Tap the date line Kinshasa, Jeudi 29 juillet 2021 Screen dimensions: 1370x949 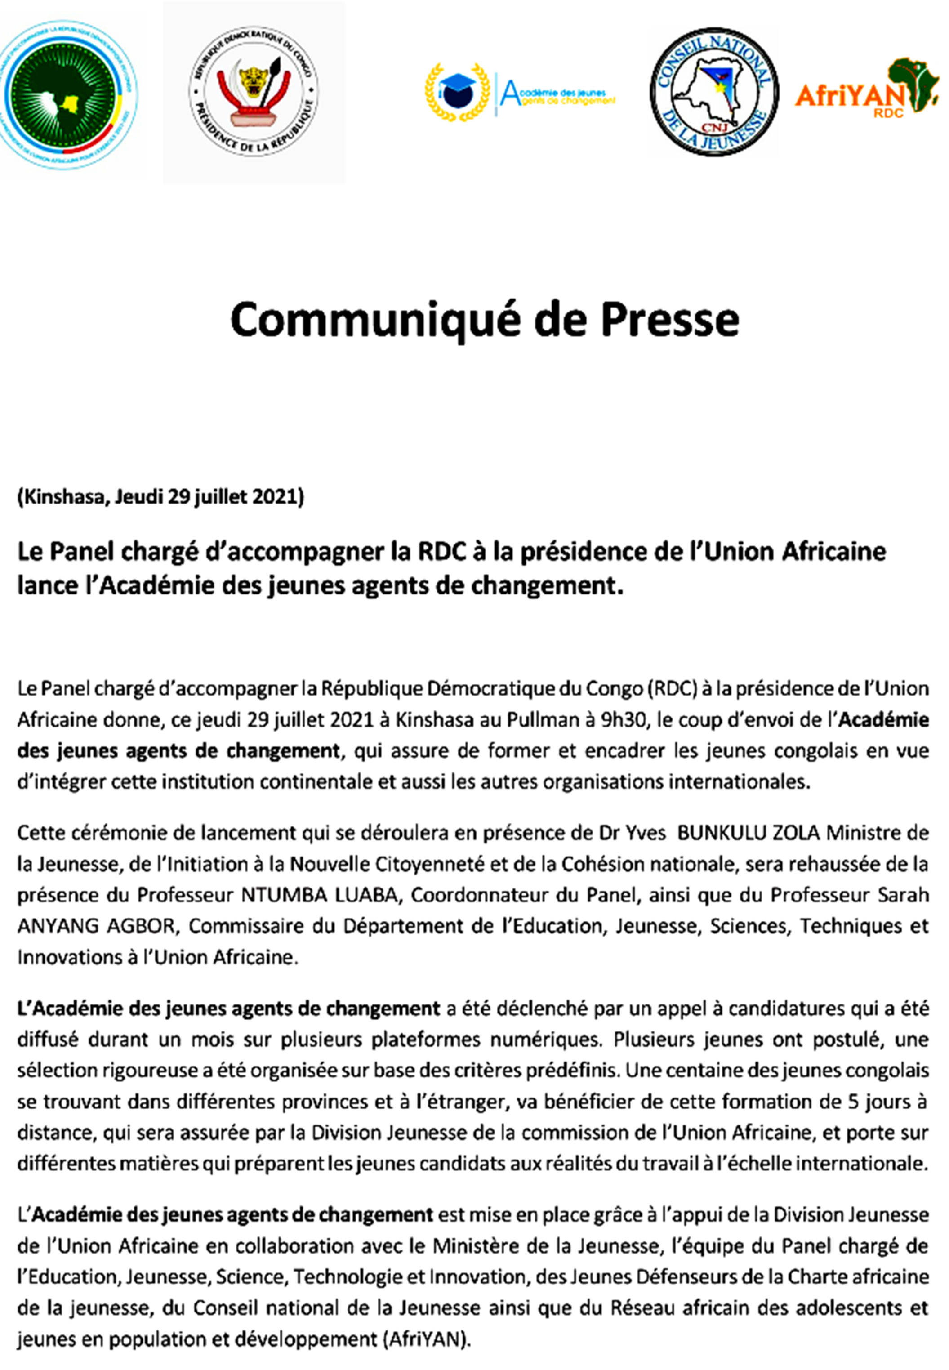tap(160, 496)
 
